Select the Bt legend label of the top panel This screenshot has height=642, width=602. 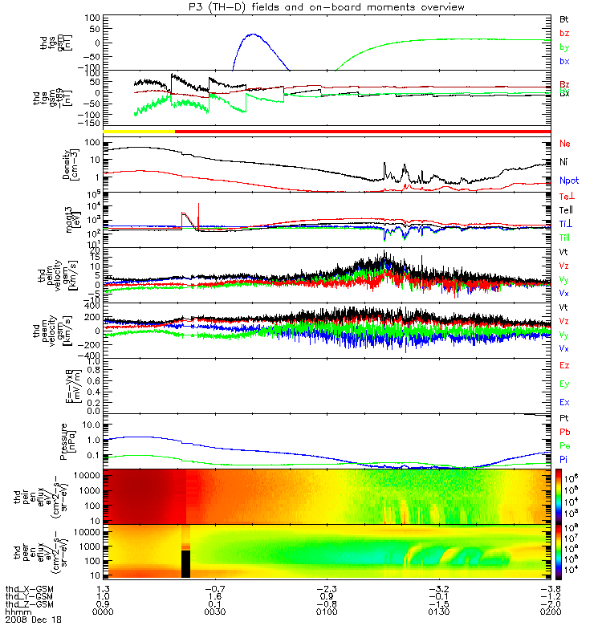pyautogui.click(x=563, y=18)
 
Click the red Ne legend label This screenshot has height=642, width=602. pyautogui.click(x=564, y=144)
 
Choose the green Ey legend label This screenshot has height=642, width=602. pyautogui.click(x=563, y=384)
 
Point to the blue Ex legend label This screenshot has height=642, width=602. pyautogui.click(x=563, y=402)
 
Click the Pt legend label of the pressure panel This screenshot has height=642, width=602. pyautogui.click(x=563, y=420)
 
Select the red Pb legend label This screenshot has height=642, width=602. pyautogui.click(x=563, y=432)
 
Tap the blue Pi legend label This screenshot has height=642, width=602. pyautogui.click(x=563, y=460)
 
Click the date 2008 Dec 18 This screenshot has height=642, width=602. pyautogui.click(x=33, y=620)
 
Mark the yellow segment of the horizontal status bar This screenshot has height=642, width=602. pyautogui.click(x=139, y=130)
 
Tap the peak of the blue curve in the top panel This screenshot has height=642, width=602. pyautogui.click(x=253, y=35)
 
